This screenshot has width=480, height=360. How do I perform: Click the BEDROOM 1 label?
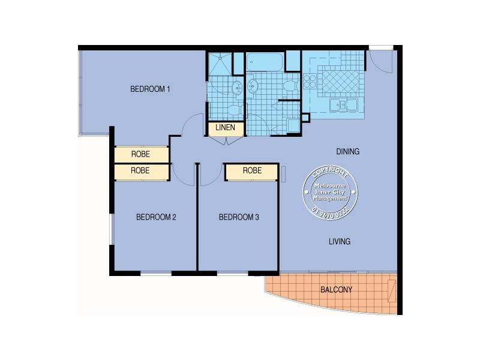point(151,89)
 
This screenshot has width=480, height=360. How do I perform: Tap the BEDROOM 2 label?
point(155,217)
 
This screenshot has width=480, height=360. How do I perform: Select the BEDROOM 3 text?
point(238,217)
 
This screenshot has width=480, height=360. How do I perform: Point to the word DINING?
point(347,152)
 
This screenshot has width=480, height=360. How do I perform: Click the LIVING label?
point(339,242)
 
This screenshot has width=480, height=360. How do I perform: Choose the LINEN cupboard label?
point(226,128)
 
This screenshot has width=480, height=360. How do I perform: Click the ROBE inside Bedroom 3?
point(252,171)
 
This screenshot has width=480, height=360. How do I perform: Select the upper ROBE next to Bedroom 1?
point(140,154)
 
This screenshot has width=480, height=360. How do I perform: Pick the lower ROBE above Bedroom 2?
point(140,171)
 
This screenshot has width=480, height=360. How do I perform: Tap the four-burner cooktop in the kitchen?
point(311,83)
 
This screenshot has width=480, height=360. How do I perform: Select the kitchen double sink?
point(343,106)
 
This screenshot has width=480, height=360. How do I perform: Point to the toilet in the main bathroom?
point(291,86)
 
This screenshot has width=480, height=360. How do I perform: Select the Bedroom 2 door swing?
point(181,174)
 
